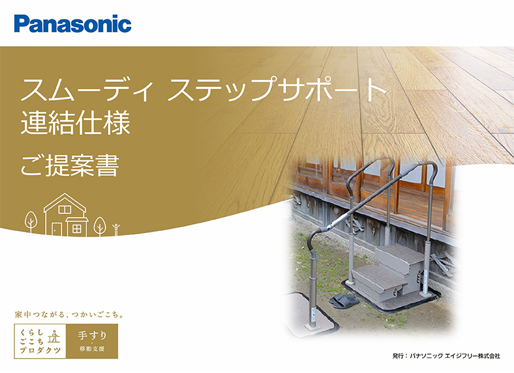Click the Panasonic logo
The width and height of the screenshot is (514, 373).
click(x=73, y=24)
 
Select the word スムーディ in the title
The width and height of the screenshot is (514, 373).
click(x=87, y=89)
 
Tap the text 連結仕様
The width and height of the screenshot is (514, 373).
click(x=76, y=123)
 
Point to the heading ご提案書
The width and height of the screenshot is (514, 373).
click(x=70, y=165)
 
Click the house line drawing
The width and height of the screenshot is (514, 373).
click(x=66, y=215)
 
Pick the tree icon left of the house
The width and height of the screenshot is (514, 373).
click(x=31, y=222)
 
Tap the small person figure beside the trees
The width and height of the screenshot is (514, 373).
click(x=116, y=230)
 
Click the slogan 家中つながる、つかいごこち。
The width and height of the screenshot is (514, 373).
click(x=69, y=315)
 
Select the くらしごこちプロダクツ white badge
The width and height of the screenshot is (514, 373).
click(x=40, y=341)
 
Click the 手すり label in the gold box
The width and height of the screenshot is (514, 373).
click(x=92, y=335)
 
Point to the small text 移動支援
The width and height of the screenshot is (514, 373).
click(x=92, y=349)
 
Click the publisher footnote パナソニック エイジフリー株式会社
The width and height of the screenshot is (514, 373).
click(x=455, y=355)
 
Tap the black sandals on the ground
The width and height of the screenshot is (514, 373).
click(x=342, y=300)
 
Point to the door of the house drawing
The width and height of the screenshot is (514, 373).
click(x=57, y=229)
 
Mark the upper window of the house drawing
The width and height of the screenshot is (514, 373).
click(x=64, y=209)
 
